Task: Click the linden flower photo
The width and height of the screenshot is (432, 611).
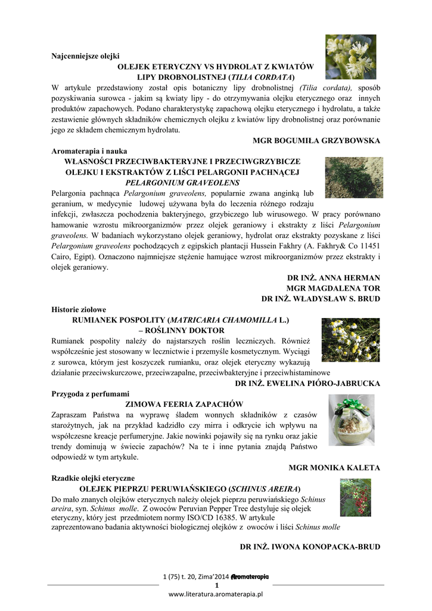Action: (x=350, y=57)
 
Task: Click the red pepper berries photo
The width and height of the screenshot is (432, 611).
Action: (x=355, y=496)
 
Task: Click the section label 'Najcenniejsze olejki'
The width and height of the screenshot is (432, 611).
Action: (x=86, y=56)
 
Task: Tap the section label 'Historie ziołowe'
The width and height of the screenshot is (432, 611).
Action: (x=79, y=310)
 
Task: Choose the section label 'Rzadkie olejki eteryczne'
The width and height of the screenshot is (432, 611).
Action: (x=93, y=478)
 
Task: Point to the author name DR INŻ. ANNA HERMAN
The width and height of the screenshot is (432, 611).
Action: (x=333, y=278)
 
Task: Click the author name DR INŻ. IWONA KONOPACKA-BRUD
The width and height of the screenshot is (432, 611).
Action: (x=309, y=547)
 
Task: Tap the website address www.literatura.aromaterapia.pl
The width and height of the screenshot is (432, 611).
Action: (x=216, y=595)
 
